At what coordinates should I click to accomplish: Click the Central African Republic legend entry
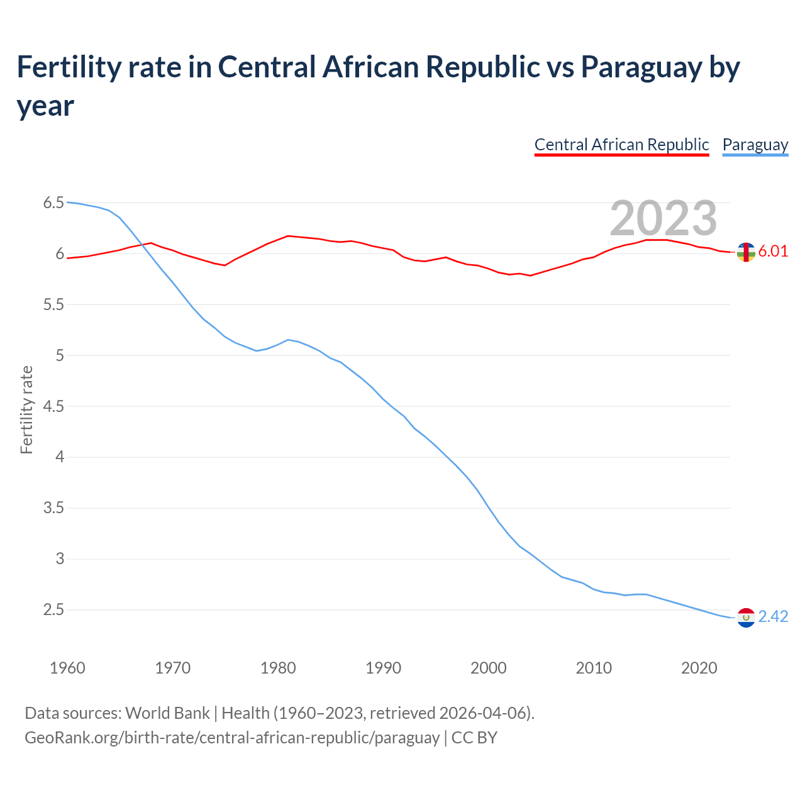tap(621, 145)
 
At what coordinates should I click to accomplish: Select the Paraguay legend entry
tap(755, 145)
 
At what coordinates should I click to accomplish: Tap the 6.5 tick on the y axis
tap(53, 203)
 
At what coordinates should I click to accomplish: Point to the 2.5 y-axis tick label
tap(53, 609)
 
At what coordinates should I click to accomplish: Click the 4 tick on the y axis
tap(60, 457)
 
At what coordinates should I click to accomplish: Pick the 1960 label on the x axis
tap(67, 668)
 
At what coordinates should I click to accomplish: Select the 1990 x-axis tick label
tap(383, 668)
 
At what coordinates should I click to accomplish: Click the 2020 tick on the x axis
tap(699, 668)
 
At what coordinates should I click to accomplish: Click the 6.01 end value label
tap(773, 252)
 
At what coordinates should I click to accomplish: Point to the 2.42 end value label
tap(773, 617)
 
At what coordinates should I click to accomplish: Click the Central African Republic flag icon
tap(746, 252)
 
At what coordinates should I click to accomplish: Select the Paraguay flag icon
tap(746, 618)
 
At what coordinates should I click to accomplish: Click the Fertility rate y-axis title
tap(26, 409)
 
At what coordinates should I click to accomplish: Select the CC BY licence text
tap(474, 738)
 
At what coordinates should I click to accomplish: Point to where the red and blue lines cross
tap(143, 245)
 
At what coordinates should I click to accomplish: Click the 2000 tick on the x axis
tap(488, 668)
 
